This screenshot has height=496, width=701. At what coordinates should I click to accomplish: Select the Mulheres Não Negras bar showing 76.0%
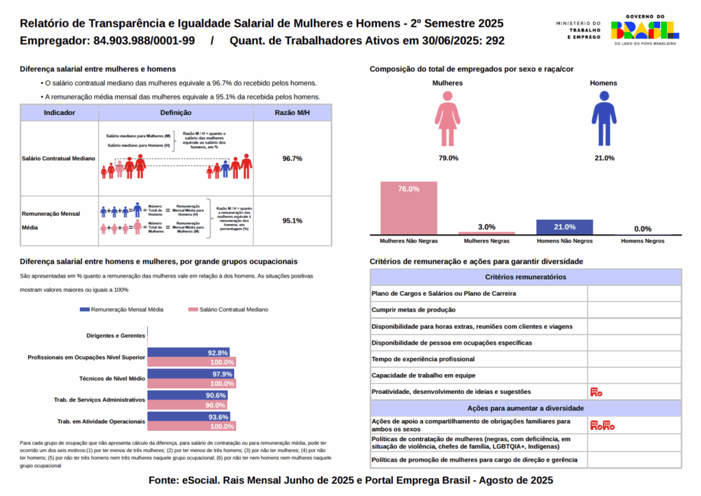click(x=408, y=208)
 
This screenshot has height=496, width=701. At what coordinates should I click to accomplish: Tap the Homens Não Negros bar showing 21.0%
click(x=564, y=227)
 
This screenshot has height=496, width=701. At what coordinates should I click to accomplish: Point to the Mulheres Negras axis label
click(x=487, y=241)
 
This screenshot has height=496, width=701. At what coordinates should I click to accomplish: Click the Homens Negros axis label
click(x=642, y=241)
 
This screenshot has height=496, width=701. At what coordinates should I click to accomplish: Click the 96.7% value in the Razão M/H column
click(x=292, y=158)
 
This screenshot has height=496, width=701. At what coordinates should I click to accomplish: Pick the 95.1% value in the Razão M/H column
click(x=292, y=221)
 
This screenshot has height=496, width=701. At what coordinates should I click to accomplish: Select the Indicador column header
click(x=60, y=112)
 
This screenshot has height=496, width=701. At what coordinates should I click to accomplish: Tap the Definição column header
click(x=176, y=112)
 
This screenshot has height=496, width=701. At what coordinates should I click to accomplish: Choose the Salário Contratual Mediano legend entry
click(x=228, y=310)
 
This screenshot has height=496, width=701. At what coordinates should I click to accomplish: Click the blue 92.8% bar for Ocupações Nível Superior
click(x=188, y=353)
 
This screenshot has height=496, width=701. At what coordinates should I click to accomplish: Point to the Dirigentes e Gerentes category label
click(x=116, y=336)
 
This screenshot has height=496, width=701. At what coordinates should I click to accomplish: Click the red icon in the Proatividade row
click(x=596, y=392)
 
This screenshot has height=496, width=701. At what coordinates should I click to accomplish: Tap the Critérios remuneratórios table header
click(x=525, y=277)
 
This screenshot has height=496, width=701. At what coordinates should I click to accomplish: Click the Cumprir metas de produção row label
click(x=413, y=310)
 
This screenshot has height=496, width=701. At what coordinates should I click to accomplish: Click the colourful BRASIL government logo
click(x=644, y=29)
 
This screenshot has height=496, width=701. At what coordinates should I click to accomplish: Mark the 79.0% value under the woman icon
click(x=448, y=158)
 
